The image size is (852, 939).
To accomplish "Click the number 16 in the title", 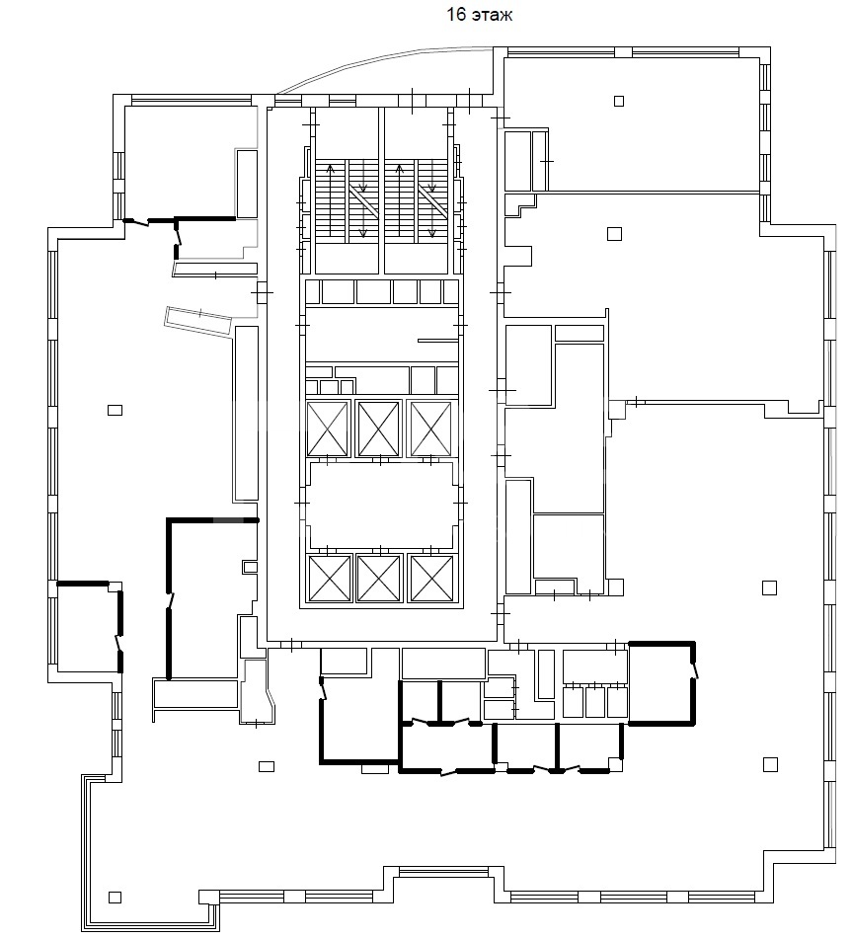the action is (456, 15).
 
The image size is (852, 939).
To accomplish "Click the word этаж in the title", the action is (493, 16).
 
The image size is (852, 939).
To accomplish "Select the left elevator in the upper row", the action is (327, 429).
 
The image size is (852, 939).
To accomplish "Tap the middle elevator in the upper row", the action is (378, 429).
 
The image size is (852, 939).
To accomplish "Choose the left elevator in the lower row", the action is (329, 578).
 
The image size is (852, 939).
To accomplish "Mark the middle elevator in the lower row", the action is (378, 578).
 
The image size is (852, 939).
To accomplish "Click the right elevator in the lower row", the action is (430, 578).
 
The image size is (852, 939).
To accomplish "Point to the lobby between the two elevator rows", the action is (381, 506).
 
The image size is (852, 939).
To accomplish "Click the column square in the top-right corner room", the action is (619, 101).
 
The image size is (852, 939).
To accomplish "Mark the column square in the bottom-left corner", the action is (115, 898).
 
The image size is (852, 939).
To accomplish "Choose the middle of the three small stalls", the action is (594, 702).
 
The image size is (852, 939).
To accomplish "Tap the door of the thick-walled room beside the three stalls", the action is (694, 670).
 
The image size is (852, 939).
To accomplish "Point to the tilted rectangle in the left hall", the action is (197, 320).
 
